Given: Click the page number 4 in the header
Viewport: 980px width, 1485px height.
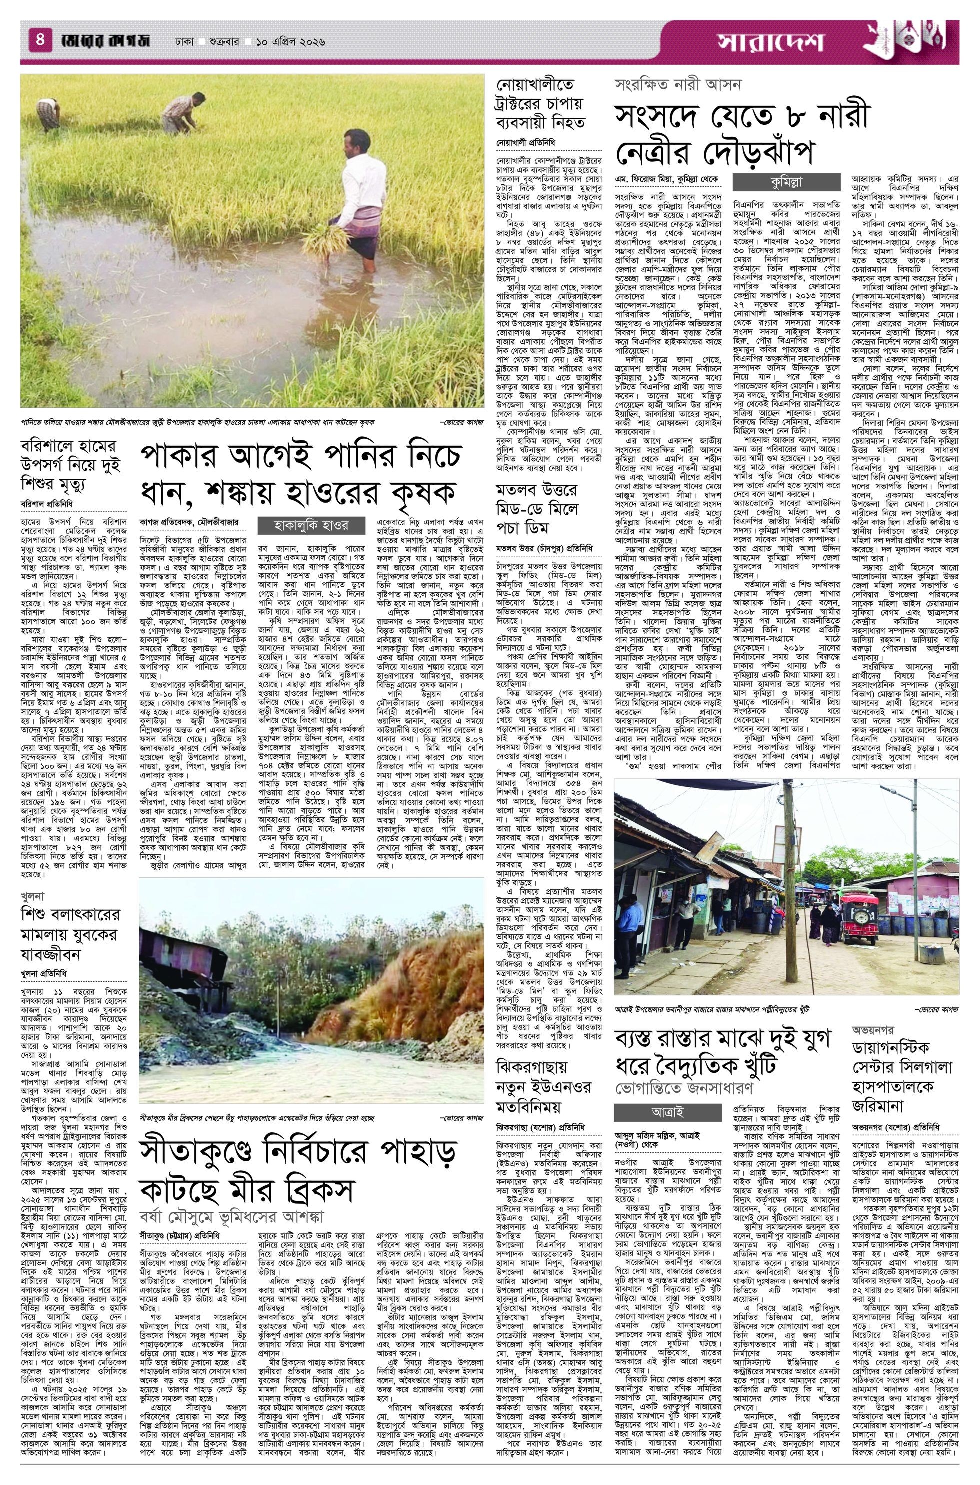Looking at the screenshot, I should pos(39,42).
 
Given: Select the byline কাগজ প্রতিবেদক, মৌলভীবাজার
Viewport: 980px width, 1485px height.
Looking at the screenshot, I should pos(189,522).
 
